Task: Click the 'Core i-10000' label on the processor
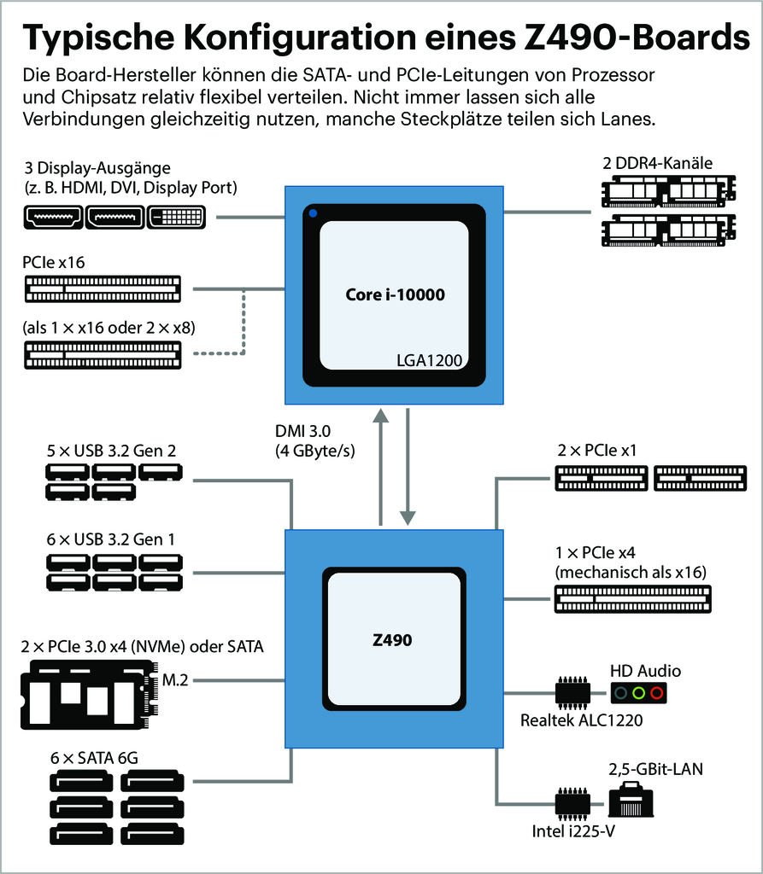395,295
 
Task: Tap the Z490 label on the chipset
392,638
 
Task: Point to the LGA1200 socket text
429,361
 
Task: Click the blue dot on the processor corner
314,213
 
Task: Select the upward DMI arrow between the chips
380,465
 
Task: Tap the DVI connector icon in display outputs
176,218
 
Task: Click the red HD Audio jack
656,692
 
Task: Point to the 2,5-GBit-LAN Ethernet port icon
631,802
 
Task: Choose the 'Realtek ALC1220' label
581,720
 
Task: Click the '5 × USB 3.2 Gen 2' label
111,450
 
